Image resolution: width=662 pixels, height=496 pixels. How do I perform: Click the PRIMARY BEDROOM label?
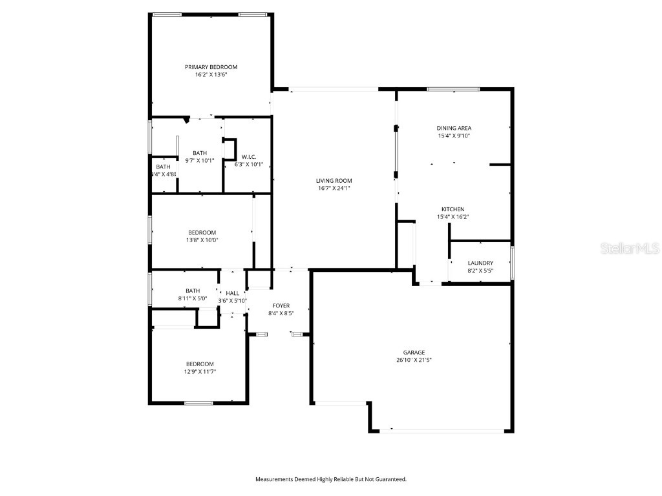click(211, 67)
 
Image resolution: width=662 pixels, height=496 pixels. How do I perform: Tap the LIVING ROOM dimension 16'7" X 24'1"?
click(334, 189)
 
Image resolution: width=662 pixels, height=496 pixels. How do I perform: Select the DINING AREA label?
click(454, 128)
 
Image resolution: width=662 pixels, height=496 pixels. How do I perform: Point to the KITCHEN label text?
click(453, 209)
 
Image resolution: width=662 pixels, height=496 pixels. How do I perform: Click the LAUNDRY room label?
click(480, 263)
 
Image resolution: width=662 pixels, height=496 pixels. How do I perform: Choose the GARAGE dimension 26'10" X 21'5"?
click(414, 360)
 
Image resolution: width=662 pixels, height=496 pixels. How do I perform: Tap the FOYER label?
click(281, 305)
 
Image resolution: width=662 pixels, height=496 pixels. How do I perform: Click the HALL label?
click(232, 293)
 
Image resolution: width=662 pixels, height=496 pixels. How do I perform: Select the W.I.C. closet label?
click(248, 157)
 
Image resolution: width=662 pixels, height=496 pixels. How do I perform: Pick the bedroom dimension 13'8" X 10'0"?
click(202, 240)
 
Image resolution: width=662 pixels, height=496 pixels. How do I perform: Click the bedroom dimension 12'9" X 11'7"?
click(200, 371)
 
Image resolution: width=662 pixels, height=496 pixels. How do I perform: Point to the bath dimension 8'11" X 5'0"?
click(193, 298)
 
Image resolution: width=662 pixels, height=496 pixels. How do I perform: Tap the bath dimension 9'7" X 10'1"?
click(200, 161)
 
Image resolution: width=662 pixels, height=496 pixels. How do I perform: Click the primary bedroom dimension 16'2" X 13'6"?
click(211, 75)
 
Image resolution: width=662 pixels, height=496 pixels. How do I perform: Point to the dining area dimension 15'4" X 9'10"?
click(454, 136)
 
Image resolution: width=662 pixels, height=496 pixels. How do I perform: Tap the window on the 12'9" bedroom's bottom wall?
click(198, 403)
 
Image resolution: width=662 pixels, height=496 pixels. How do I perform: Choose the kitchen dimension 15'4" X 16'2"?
click(453, 217)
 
